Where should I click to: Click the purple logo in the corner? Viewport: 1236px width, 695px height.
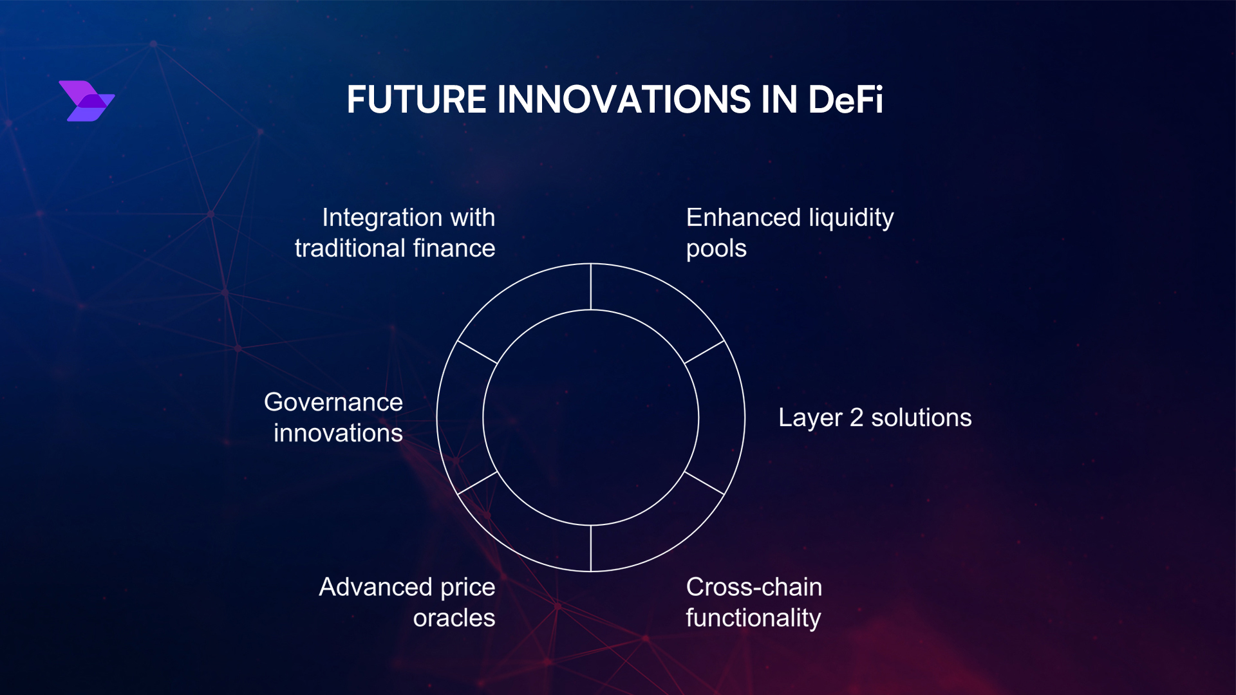coord(86,101)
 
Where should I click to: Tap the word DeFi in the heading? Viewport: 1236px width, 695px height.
coord(845,100)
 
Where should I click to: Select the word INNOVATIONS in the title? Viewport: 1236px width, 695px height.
coord(624,100)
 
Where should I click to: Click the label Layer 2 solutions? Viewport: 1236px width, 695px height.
coord(874,418)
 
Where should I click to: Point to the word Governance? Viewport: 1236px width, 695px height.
coord(333,402)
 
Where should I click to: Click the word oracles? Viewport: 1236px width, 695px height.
coord(454,618)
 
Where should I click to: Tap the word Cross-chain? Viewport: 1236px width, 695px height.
coord(754,587)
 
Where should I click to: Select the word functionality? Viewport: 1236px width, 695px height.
coord(753,618)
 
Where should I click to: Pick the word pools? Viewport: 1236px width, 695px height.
coord(716,248)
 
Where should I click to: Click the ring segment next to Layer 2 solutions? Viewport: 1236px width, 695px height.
coord(722,418)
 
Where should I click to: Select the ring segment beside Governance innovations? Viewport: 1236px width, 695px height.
coord(460,418)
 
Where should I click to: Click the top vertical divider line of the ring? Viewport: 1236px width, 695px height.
coord(590,287)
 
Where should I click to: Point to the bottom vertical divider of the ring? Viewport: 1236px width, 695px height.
coord(590,548)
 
